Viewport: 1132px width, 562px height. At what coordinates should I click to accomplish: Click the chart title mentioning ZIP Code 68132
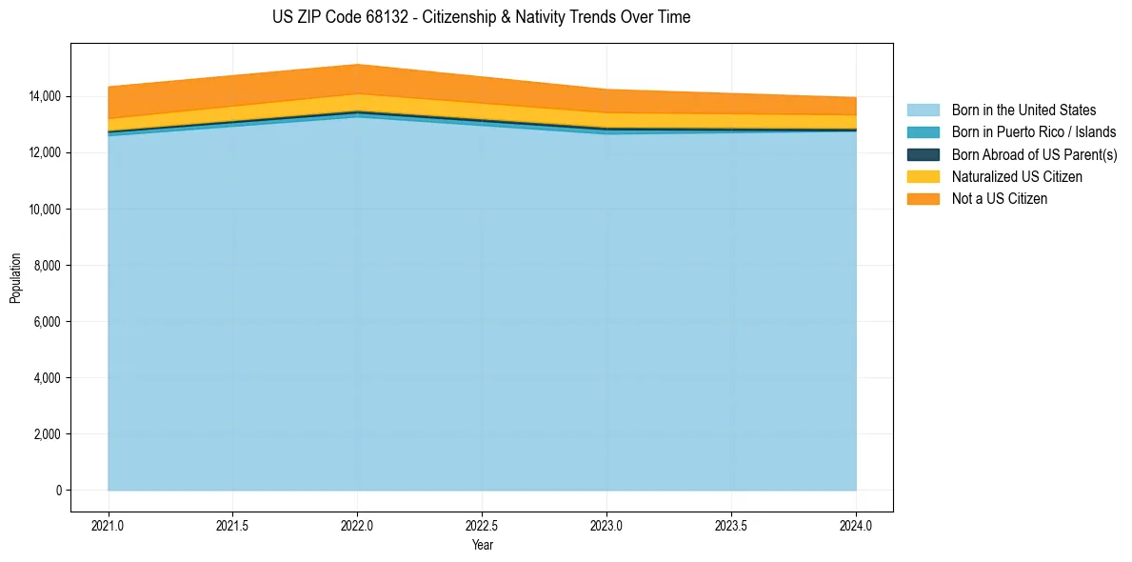[481, 17]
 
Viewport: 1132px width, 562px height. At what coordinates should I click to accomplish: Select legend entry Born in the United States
[1023, 110]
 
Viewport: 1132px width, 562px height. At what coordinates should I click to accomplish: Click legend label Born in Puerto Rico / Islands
[1034, 132]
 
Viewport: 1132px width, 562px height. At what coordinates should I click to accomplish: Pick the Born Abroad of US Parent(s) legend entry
[1034, 154]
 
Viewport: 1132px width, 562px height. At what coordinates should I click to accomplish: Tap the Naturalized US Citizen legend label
[1017, 177]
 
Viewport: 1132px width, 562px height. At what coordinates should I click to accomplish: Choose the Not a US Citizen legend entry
[999, 199]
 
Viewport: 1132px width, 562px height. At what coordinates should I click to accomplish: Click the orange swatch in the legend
[923, 199]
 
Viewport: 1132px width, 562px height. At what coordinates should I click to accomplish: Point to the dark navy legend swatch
[923, 154]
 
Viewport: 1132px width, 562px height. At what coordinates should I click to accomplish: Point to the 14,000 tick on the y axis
[44, 96]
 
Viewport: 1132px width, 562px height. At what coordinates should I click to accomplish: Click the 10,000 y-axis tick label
[44, 210]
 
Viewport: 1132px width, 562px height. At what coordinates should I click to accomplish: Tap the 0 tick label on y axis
[58, 491]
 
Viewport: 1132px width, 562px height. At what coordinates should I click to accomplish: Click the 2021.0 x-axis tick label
[109, 525]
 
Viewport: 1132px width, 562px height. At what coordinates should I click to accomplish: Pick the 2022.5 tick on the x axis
[482, 525]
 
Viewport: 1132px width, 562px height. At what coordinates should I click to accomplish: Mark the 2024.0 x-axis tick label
[856, 525]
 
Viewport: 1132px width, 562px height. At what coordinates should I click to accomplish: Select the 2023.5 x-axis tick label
[731, 525]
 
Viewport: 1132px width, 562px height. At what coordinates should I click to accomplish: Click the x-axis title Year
[482, 546]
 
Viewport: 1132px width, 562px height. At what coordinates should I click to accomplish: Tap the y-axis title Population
[15, 278]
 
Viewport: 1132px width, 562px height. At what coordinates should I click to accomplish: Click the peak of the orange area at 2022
[357, 66]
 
